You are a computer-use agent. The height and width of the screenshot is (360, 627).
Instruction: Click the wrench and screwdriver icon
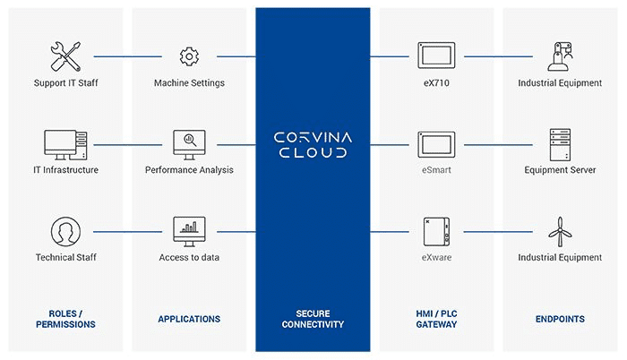click(x=65, y=56)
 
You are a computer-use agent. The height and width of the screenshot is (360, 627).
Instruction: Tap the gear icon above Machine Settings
click(x=189, y=56)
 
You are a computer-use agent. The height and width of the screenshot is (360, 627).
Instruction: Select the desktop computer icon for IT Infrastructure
click(x=65, y=142)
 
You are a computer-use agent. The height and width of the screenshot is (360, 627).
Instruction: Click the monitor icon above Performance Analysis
click(x=189, y=141)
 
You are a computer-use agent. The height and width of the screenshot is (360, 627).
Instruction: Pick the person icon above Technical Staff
click(x=65, y=231)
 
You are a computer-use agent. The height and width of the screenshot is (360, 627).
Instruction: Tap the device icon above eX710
click(x=436, y=56)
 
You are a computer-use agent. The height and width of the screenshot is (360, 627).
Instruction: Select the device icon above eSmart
click(x=436, y=142)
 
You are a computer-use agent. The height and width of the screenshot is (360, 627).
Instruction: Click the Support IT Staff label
click(x=65, y=83)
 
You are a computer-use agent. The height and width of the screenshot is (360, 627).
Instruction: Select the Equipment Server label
click(x=560, y=170)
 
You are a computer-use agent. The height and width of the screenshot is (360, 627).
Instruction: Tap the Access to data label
click(x=189, y=258)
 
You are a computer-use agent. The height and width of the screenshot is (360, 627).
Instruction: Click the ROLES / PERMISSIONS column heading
click(x=65, y=319)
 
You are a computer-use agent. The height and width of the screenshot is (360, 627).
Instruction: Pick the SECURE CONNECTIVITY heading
click(x=313, y=319)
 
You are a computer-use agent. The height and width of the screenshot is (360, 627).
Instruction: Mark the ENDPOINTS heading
click(x=560, y=319)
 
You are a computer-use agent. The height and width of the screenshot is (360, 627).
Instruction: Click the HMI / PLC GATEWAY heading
click(x=436, y=319)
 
